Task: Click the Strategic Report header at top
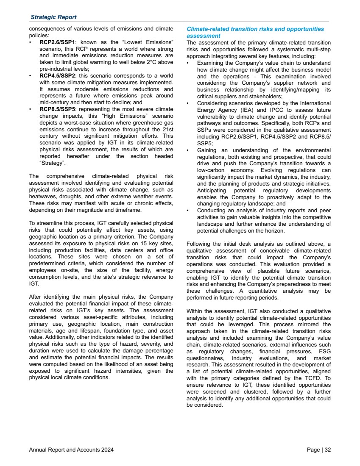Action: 53,17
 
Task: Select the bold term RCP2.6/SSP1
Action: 57,43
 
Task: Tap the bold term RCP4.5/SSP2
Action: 57,75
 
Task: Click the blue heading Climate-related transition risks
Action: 255,29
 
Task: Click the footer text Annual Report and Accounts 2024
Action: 71,450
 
